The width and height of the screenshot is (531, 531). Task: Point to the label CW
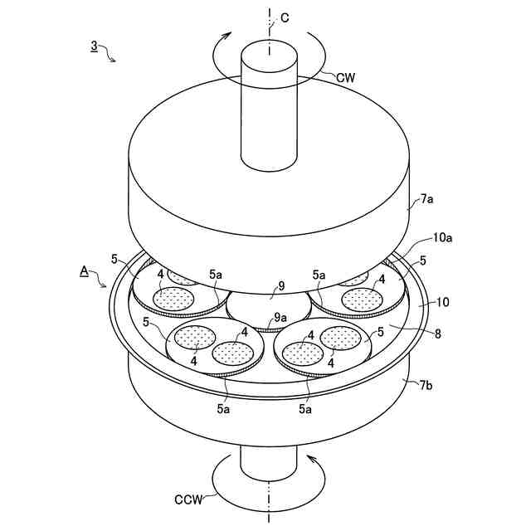pyautogui.click(x=347, y=76)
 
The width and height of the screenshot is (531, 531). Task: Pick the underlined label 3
pyautogui.click(x=94, y=48)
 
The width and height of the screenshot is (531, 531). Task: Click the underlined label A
pyautogui.click(x=84, y=270)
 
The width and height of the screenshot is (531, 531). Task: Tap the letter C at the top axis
pyautogui.click(x=285, y=18)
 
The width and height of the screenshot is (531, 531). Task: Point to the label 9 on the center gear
pyautogui.click(x=281, y=287)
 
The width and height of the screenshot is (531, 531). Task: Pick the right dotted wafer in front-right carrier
pyautogui.click(x=340, y=337)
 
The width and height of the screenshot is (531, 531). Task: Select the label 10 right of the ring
pyautogui.click(x=442, y=303)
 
